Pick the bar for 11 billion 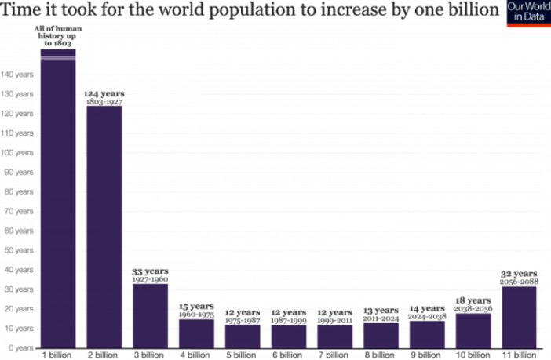click(x=519, y=317)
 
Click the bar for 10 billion click(x=473, y=330)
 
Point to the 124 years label click(x=104, y=93)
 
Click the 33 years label click(x=150, y=271)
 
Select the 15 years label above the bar click(x=196, y=306)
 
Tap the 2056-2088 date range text click(x=519, y=281)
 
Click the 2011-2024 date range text click(x=381, y=318)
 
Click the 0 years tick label click(x=20, y=347)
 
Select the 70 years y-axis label click(x=18, y=211)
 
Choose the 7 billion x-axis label click(x=334, y=355)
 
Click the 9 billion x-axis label click(x=426, y=355)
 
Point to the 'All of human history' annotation click(x=57, y=36)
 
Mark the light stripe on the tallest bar click(x=58, y=57)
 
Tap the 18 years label click(x=473, y=300)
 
